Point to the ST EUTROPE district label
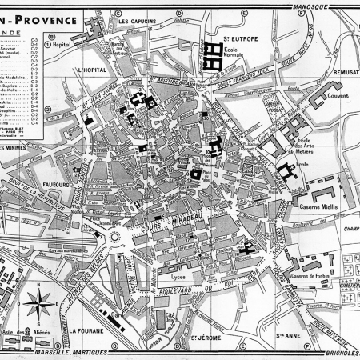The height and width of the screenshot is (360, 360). pos(238,37)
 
